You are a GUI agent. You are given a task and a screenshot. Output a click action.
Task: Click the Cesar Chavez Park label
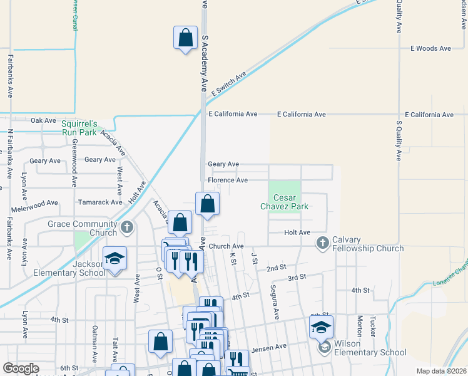coord(285,201)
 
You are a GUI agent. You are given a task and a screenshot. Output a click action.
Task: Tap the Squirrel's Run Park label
coord(79,128)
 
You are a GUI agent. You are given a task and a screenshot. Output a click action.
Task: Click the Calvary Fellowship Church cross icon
coord(322,242)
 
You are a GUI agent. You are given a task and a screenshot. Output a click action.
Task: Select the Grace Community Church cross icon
coord(127,227)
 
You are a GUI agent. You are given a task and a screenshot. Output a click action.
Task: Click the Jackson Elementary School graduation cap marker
coord(115,258)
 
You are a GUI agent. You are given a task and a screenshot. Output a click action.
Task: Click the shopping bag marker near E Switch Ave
coord(186,38)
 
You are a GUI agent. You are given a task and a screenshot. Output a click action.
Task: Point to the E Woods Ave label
coord(430,48)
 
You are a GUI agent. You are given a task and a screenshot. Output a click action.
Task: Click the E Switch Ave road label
coord(229,83)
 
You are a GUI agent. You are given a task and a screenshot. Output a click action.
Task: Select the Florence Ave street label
coord(228,180)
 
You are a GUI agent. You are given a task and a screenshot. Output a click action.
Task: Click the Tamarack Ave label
coord(100,202)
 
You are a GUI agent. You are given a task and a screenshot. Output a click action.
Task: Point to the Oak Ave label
coord(44,120)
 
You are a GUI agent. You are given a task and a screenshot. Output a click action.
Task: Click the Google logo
coord(21,368)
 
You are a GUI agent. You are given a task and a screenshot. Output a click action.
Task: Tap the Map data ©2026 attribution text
coord(441,371)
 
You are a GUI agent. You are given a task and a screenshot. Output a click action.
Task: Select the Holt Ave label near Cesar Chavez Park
coord(297,232)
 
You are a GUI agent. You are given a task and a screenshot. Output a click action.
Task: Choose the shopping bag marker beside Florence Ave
coord(207,204)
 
